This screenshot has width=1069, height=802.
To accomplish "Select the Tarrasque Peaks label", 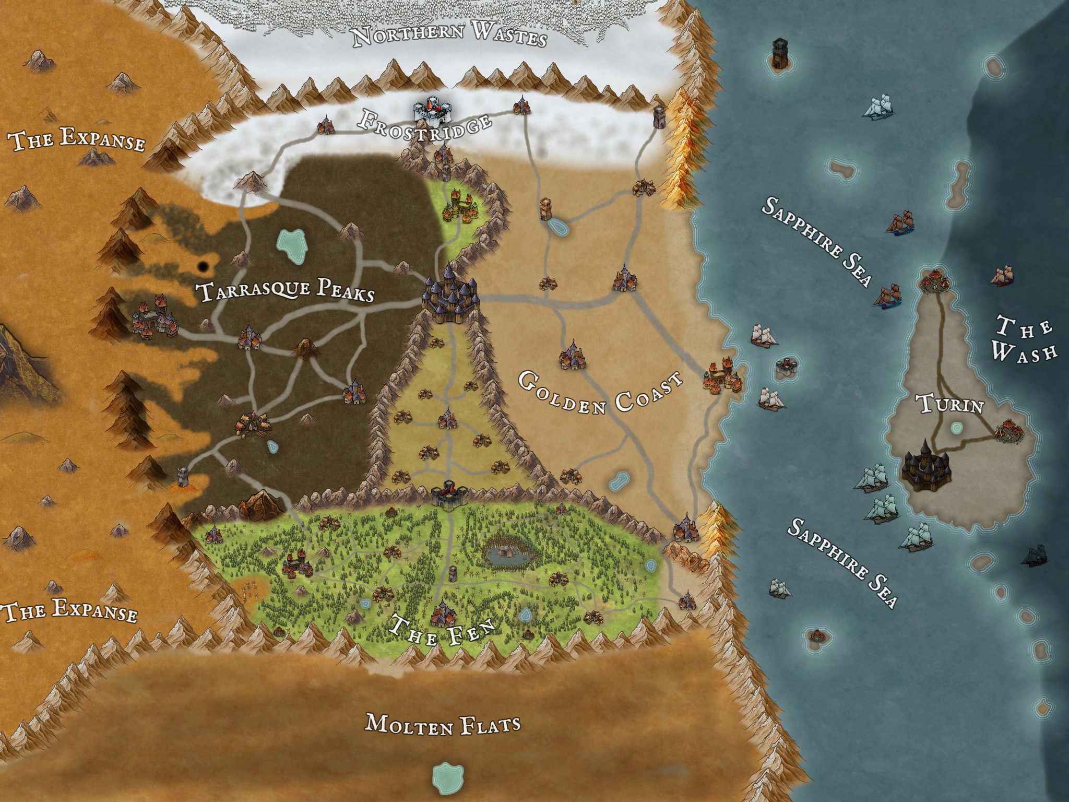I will pyautogui.click(x=287, y=291).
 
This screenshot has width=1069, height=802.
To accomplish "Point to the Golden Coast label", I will pyautogui.click(x=600, y=394).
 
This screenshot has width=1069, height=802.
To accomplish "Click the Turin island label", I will pyautogui.click(x=949, y=404).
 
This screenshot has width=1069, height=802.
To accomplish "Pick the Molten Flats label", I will pyautogui.click(x=443, y=724).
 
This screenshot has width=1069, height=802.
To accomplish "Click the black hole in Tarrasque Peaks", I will pyautogui.click(x=203, y=267).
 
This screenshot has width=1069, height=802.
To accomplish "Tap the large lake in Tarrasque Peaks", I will pyautogui.click(x=291, y=246).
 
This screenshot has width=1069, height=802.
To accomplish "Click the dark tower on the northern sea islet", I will pyautogui.click(x=780, y=53).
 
